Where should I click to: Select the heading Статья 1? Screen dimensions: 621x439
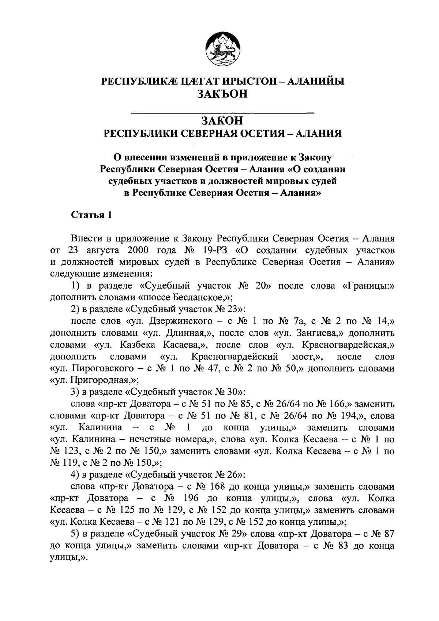91,215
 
